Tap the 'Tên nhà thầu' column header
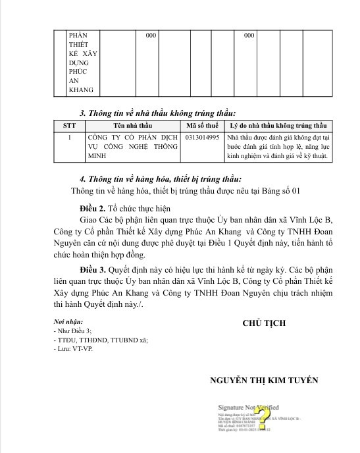coord(132,125)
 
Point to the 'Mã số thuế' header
coord(203,125)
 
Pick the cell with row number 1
coord(69,138)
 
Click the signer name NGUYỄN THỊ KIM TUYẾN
coord(264,380)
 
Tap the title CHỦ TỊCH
coord(263,323)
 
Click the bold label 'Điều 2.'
coord(94,207)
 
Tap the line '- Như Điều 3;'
coord(72,331)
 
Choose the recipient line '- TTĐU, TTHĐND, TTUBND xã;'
coord(99,340)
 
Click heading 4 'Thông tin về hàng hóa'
coord(161,178)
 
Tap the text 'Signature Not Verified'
coord(248,408)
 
